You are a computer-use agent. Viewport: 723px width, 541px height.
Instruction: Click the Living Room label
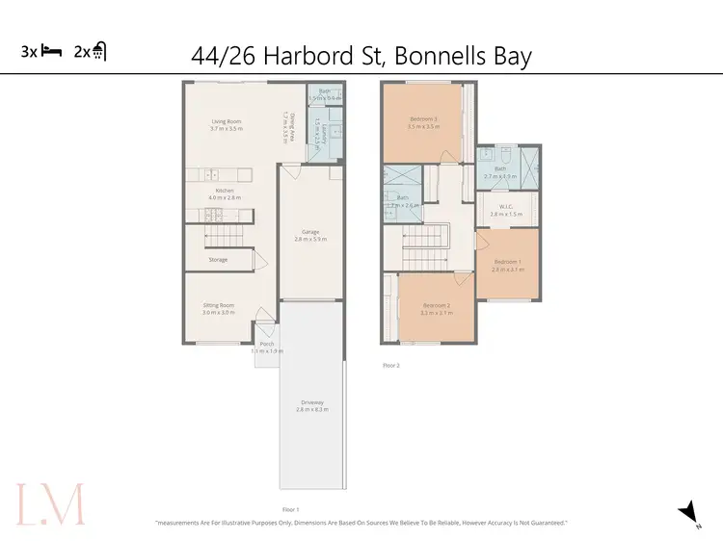pyautogui.click(x=227, y=122)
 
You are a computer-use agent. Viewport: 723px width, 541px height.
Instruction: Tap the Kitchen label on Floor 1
pyautogui.click(x=225, y=191)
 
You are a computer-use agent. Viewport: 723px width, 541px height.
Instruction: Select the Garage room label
pyautogui.click(x=310, y=232)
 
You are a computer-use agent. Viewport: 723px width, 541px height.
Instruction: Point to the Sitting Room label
pyautogui.click(x=218, y=305)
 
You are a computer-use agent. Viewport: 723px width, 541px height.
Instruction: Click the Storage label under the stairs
pyautogui.click(x=218, y=259)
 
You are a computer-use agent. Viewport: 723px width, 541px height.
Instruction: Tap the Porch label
pyautogui.click(x=266, y=344)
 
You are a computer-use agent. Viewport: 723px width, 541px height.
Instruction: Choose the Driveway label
pyautogui.click(x=312, y=402)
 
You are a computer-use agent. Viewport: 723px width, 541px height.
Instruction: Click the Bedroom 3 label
pyautogui.click(x=423, y=119)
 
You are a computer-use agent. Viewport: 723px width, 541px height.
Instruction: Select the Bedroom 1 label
pyautogui.click(x=508, y=262)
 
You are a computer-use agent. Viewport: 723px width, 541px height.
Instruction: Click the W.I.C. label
pyautogui.click(x=506, y=206)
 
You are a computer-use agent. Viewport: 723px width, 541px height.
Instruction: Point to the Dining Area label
pyautogui.click(x=285, y=122)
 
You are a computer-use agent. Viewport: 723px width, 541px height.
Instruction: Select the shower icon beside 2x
pyautogui.click(x=99, y=52)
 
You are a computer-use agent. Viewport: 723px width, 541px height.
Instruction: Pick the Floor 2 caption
pyautogui.click(x=390, y=365)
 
